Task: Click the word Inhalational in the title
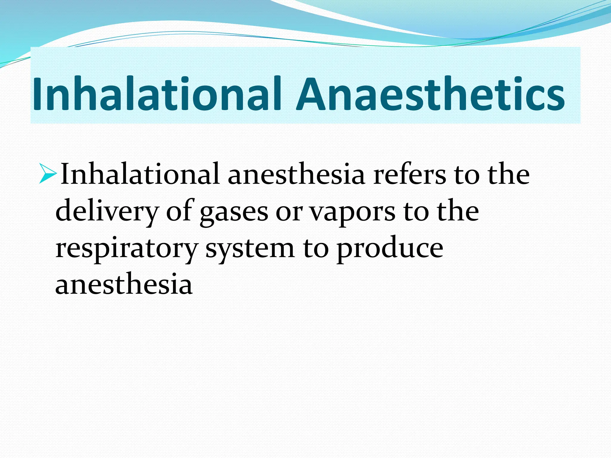pos(157,94)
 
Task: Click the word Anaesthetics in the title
pos(430,94)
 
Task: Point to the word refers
pos(410,175)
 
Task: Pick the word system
pos(250,249)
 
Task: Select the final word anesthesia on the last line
pos(124,285)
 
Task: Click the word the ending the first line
pos(509,175)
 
